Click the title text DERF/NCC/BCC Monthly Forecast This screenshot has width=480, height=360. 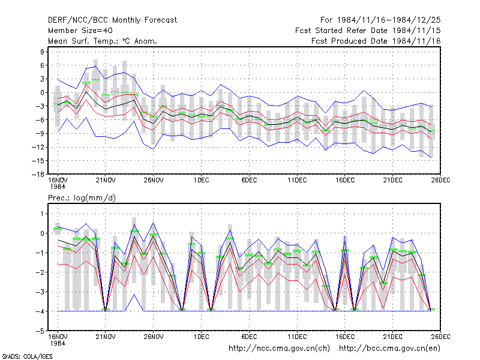[112, 20]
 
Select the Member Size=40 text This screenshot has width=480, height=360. [80, 31]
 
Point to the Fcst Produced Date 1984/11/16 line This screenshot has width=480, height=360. [376, 41]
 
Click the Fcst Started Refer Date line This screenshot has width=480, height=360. [368, 31]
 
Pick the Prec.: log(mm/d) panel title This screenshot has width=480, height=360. [82, 198]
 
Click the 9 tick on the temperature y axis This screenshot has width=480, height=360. [42, 52]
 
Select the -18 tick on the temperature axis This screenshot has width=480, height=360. [38, 174]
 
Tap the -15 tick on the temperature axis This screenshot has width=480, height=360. [38, 161]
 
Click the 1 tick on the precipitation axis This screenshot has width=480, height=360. [42, 214]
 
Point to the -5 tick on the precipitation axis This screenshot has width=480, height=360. [40, 331]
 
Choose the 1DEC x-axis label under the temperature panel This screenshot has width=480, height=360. [201, 181]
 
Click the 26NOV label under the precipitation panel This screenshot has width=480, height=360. [154, 337]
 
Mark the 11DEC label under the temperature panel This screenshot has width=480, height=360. [297, 181]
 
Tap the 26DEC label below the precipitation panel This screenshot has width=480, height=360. [440, 337]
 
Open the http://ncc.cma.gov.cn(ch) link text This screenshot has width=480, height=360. [280, 349]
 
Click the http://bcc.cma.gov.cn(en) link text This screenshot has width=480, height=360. [389, 349]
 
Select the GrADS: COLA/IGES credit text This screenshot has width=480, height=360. [27, 356]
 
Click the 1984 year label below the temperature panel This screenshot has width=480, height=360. [58, 187]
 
